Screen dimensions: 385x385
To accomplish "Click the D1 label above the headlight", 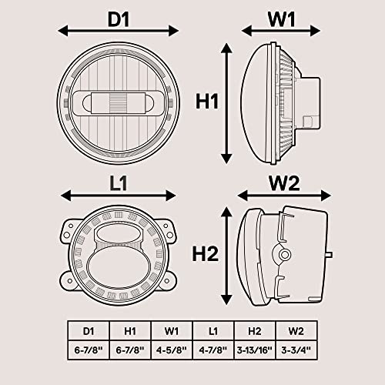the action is tap(119, 19).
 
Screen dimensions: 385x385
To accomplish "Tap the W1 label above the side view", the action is tap(281, 19).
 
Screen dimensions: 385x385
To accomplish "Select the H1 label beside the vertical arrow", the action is tap(207, 102).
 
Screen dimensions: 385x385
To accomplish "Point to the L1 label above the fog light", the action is tap(119, 183).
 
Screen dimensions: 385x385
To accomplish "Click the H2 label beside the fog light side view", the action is tap(206, 254).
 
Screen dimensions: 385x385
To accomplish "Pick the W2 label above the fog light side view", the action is tap(284, 183).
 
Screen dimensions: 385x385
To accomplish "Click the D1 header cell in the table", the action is tap(89, 331).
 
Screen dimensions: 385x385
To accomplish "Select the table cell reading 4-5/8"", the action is tap(172, 350).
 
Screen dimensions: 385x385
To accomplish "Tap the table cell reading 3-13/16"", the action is tap(255, 350).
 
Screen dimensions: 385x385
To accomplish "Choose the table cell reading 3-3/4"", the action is tap(296, 350).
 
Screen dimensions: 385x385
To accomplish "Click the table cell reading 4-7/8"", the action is tap(213, 350).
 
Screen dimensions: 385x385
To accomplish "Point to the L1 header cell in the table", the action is tap(213, 331).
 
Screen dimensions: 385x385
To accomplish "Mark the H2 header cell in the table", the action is tap(255, 331).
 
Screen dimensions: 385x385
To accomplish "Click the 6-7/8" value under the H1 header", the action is tap(130, 350).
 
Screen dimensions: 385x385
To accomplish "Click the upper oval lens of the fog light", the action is tap(119, 234).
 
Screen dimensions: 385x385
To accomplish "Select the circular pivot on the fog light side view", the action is tap(284, 255).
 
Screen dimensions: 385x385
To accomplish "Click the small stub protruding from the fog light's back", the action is tap(330, 255).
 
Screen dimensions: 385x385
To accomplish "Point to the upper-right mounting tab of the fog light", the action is tap(167, 230).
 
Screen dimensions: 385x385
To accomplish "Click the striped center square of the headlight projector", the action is tap(119, 103).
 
